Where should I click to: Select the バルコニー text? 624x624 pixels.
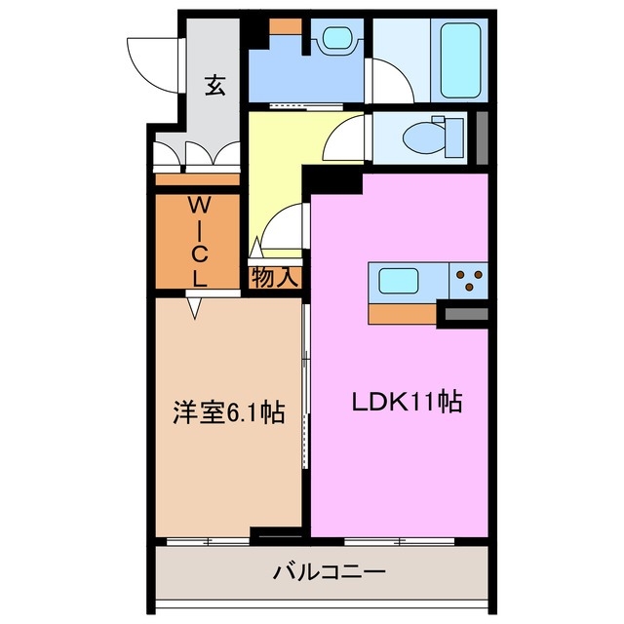(x=322, y=572)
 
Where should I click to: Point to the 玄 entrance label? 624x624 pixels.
(x=214, y=86)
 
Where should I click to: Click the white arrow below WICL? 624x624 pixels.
(x=196, y=307)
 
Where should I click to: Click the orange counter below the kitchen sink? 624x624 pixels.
(x=403, y=314)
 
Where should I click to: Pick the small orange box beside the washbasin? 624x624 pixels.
(x=286, y=27)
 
